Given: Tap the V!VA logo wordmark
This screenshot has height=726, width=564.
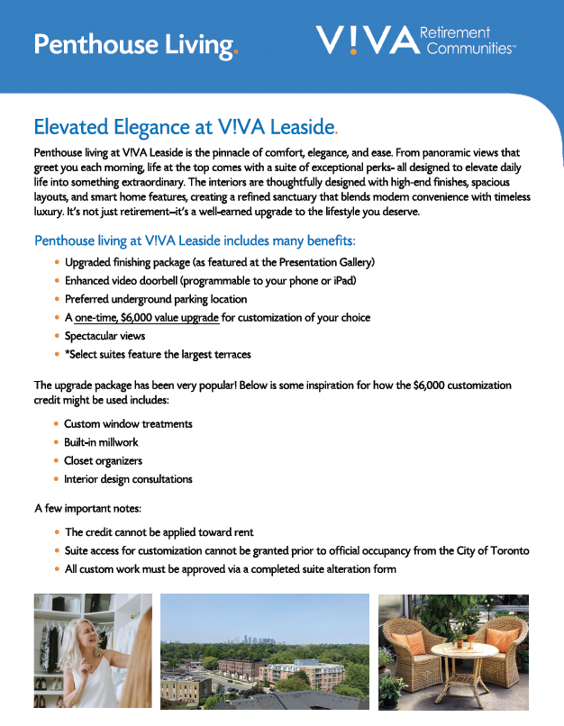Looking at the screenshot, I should tap(367, 41).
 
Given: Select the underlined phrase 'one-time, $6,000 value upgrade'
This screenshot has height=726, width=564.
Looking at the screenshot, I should tap(147, 317).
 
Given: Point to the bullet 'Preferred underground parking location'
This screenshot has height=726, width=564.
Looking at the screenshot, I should tap(156, 299).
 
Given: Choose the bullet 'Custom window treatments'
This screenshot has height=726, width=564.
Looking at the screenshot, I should tap(128, 423).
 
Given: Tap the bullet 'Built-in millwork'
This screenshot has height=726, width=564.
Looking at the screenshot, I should tap(101, 442).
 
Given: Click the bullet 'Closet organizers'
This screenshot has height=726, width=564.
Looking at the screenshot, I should tap(103, 460).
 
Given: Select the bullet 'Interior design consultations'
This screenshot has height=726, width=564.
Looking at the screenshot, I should tap(128, 479).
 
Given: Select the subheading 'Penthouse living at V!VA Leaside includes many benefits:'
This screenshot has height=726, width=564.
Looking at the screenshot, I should tap(195, 241).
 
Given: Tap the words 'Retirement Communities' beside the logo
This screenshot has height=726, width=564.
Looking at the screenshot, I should tap(468, 41).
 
